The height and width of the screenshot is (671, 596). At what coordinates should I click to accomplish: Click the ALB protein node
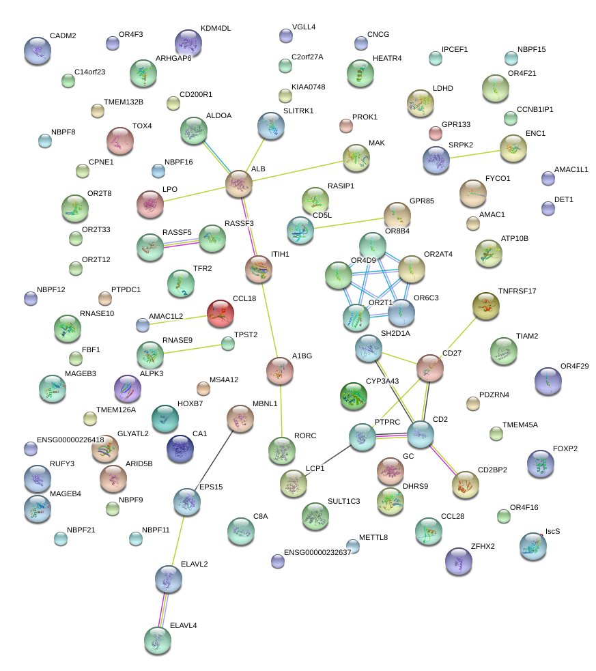pos(239,183)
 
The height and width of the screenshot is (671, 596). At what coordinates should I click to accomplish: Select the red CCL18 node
pos(220,313)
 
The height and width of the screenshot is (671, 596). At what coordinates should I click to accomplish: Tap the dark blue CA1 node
pos(180,448)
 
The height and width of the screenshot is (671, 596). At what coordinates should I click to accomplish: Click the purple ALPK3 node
pos(128,389)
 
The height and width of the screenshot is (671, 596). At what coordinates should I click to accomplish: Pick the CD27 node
pos(430,368)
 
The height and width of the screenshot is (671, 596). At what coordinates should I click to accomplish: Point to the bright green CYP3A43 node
pos(354,396)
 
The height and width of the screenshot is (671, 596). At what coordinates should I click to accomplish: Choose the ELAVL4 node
pos(158,639)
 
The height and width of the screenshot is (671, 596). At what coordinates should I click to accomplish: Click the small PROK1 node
pos(346,126)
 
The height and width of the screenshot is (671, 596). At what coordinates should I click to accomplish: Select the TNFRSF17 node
pos(486,305)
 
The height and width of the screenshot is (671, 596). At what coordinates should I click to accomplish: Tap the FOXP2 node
pos(541,463)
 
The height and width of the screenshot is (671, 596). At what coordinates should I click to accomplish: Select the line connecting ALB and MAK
pos(297,171)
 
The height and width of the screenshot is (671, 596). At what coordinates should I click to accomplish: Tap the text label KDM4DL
pos(216,29)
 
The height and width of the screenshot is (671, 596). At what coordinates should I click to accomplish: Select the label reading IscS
pos(552,531)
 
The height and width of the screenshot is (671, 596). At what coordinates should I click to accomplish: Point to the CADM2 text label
pos(63,35)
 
